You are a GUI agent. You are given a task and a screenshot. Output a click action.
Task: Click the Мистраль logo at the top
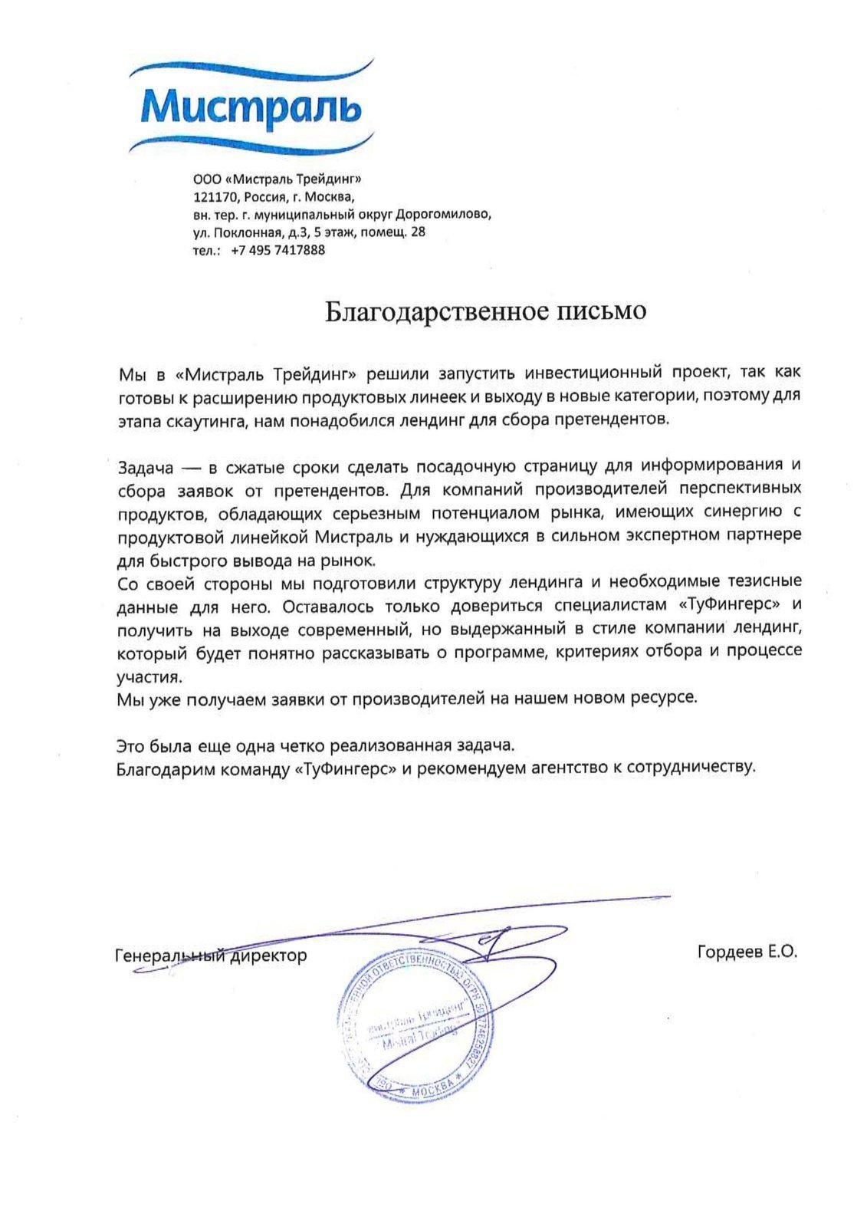250,107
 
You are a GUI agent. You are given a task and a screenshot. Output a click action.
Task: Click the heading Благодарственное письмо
486,311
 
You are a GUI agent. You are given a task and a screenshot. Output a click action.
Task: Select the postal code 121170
216,196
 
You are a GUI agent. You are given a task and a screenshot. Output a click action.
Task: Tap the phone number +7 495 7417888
277,250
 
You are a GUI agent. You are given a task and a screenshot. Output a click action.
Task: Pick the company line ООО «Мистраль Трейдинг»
277,179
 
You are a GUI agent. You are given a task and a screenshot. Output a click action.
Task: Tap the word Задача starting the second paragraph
146,466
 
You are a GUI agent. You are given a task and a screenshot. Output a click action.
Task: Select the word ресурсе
665,699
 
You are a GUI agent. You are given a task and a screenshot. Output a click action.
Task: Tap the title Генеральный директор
211,956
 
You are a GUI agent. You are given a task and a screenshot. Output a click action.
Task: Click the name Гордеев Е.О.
747,952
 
